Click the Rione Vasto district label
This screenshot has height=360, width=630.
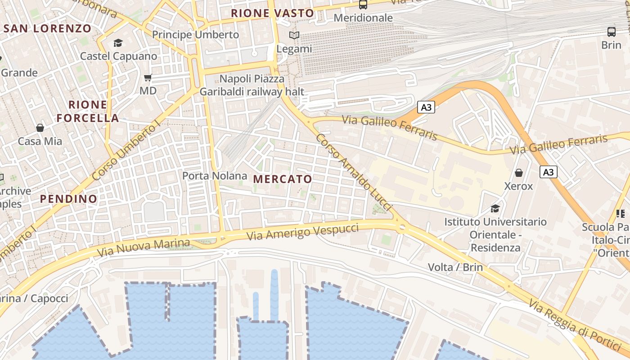272,13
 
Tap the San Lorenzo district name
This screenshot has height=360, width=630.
48,28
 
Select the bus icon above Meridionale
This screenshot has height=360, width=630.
363,4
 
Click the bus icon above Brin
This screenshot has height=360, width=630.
611,32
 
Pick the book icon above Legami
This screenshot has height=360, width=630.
294,35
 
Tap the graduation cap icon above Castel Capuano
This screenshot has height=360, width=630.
118,43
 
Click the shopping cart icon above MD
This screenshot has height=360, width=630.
148,77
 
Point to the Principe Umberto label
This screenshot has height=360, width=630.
195,35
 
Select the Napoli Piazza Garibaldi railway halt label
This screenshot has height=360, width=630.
252,85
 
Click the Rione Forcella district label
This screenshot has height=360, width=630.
88,112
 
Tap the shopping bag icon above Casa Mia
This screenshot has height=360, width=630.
40,128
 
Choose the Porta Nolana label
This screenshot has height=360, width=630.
215,176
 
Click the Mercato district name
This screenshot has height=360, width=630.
283,179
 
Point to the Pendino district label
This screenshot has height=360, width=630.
68,199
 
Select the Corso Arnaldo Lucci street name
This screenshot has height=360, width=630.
354,172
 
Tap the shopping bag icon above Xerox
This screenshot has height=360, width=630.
519,173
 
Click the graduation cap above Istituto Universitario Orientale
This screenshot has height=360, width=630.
495,208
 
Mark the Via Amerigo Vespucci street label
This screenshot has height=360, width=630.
303,232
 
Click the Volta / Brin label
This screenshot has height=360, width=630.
455,267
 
